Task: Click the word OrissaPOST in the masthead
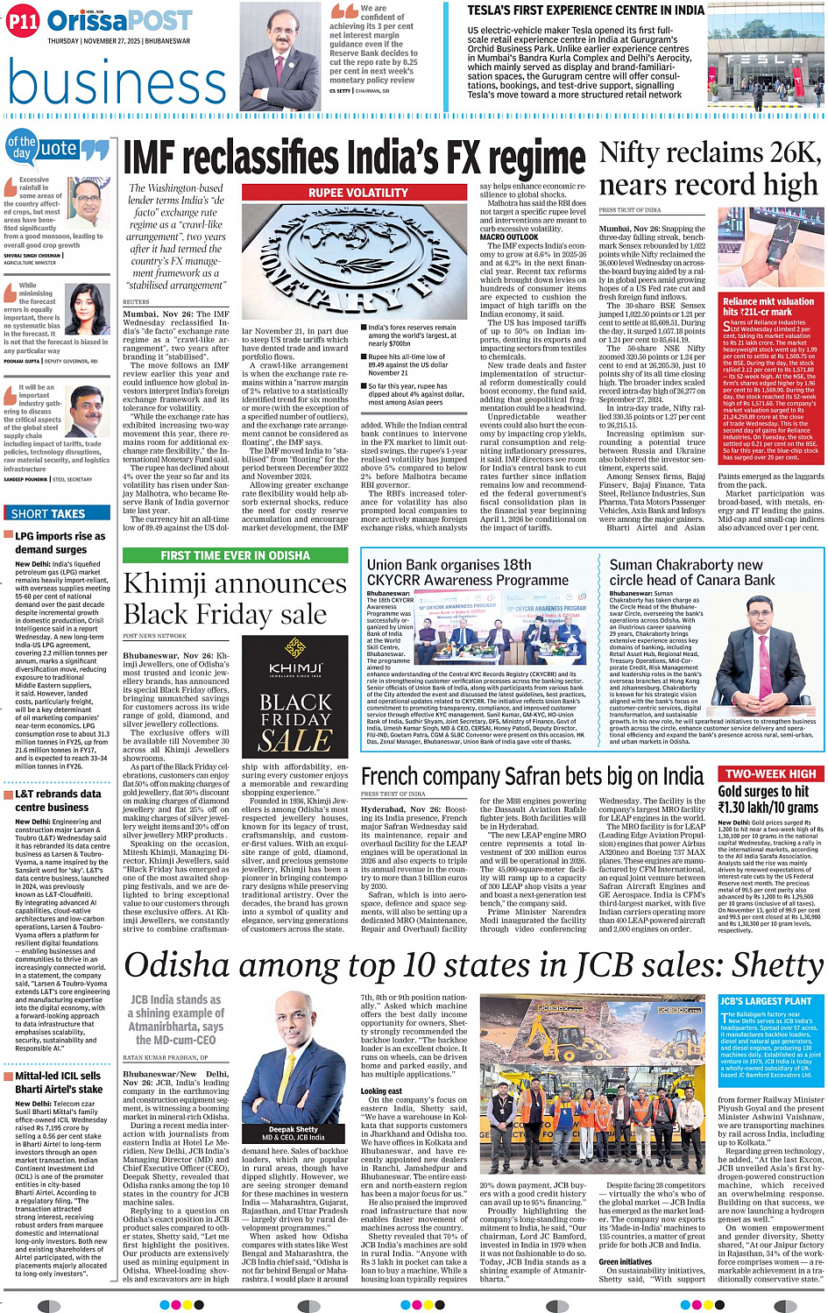(x=120, y=21)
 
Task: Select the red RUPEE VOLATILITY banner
(x=357, y=193)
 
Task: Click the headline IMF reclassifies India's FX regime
(x=354, y=159)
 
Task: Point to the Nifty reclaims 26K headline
(x=710, y=168)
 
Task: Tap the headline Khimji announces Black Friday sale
(x=235, y=598)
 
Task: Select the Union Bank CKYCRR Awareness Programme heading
(x=468, y=573)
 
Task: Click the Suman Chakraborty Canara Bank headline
(x=692, y=573)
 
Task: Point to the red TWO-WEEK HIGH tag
(x=770, y=774)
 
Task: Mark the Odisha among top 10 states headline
(x=473, y=964)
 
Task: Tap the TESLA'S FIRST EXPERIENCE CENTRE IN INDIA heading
(x=585, y=11)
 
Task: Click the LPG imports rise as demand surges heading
(x=60, y=542)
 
